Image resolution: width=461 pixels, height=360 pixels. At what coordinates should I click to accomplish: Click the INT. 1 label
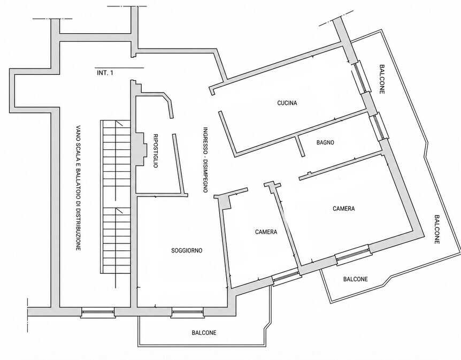point(105,73)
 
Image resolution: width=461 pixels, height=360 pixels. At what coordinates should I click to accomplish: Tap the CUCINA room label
point(287,103)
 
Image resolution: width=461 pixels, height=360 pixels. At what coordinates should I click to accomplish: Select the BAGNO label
point(325,142)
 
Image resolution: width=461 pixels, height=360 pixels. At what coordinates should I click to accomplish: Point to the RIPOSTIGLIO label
point(156,151)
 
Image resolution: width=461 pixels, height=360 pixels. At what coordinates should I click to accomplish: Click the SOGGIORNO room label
point(187,250)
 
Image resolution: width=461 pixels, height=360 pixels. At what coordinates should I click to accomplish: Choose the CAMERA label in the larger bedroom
point(344,209)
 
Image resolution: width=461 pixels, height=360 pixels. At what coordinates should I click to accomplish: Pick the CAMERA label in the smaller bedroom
point(266,232)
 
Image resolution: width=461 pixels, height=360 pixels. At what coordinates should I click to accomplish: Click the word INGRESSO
point(205,140)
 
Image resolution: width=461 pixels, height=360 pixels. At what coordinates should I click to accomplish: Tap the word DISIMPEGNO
point(205,176)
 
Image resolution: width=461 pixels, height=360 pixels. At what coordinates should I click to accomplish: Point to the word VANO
point(78,133)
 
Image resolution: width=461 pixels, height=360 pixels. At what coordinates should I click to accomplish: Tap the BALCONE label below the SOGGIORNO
point(204,333)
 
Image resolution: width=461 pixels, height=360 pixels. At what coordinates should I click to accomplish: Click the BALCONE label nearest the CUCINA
point(382,79)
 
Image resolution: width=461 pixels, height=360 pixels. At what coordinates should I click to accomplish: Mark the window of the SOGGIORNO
point(188,312)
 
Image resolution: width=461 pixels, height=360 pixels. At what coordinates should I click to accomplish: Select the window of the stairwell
point(98,312)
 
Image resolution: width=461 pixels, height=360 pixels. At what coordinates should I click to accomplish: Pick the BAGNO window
point(379,127)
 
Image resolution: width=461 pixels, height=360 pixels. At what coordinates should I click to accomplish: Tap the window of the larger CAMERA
point(353,255)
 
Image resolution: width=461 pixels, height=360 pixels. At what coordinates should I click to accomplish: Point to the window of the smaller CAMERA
point(286,277)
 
